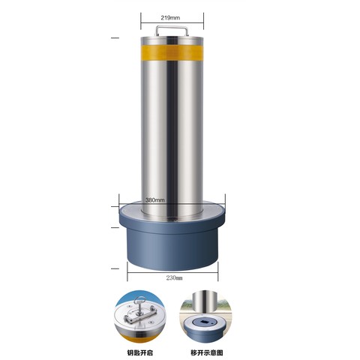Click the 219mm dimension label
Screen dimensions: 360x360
click(x=170, y=18)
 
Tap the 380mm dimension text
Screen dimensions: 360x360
click(x=155, y=200)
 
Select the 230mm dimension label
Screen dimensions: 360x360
click(x=174, y=277)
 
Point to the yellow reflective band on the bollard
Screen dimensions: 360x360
click(x=172, y=52)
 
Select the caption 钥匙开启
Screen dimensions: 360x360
click(x=139, y=352)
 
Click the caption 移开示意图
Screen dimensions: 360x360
click(x=207, y=352)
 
